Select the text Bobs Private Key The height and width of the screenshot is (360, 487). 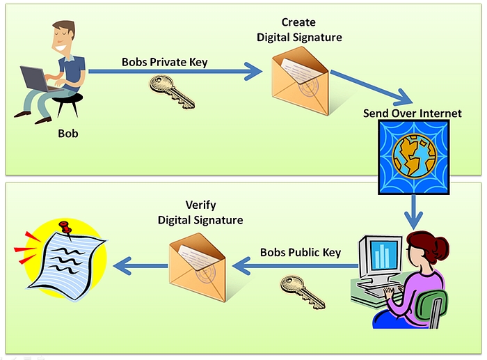pyautogui.click(x=165, y=62)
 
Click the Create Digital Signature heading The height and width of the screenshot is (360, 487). pyautogui.click(x=299, y=30)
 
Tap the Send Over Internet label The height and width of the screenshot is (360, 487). pyautogui.click(x=412, y=113)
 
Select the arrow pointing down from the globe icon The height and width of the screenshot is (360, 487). pyautogui.click(x=415, y=210)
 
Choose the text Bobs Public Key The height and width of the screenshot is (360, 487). pyautogui.click(x=301, y=252)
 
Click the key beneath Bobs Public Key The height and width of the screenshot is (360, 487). pyautogui.click(x=302, y=290)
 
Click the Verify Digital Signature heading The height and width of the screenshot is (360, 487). pyautogui.click(x=200, y=212)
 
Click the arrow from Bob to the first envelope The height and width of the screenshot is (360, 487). pyautogui.click(x=174, y=70)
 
